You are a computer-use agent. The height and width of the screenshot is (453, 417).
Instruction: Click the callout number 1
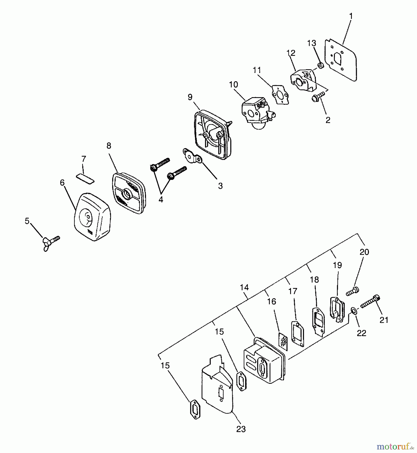[x=351, y=16]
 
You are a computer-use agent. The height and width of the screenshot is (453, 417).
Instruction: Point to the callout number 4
[x=161, y=200]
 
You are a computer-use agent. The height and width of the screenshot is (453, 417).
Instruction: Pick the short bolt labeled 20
[x=353, y=291]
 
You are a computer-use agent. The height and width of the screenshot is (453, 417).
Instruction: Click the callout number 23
[x=241, y=429]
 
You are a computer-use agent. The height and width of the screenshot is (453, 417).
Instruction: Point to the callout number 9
[x=190, y=97]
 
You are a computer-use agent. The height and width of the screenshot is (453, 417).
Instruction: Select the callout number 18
[x=315, y=280]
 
